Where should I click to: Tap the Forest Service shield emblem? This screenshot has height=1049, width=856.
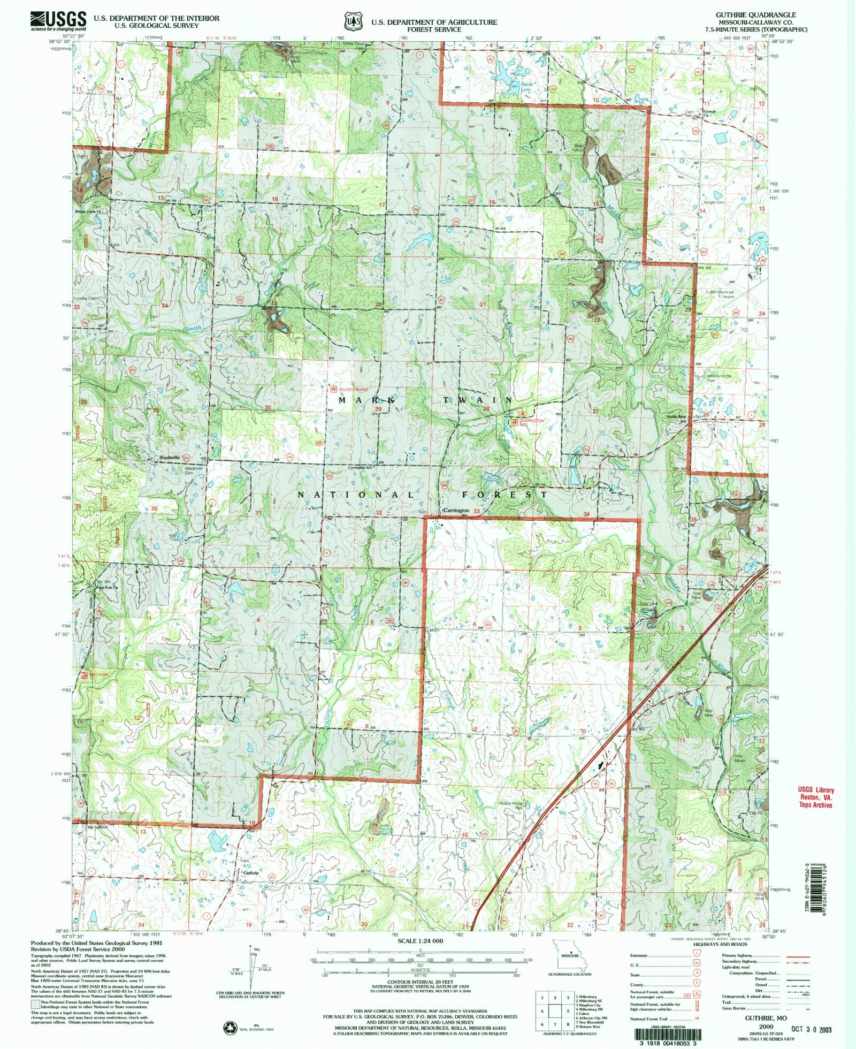(351, 21)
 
